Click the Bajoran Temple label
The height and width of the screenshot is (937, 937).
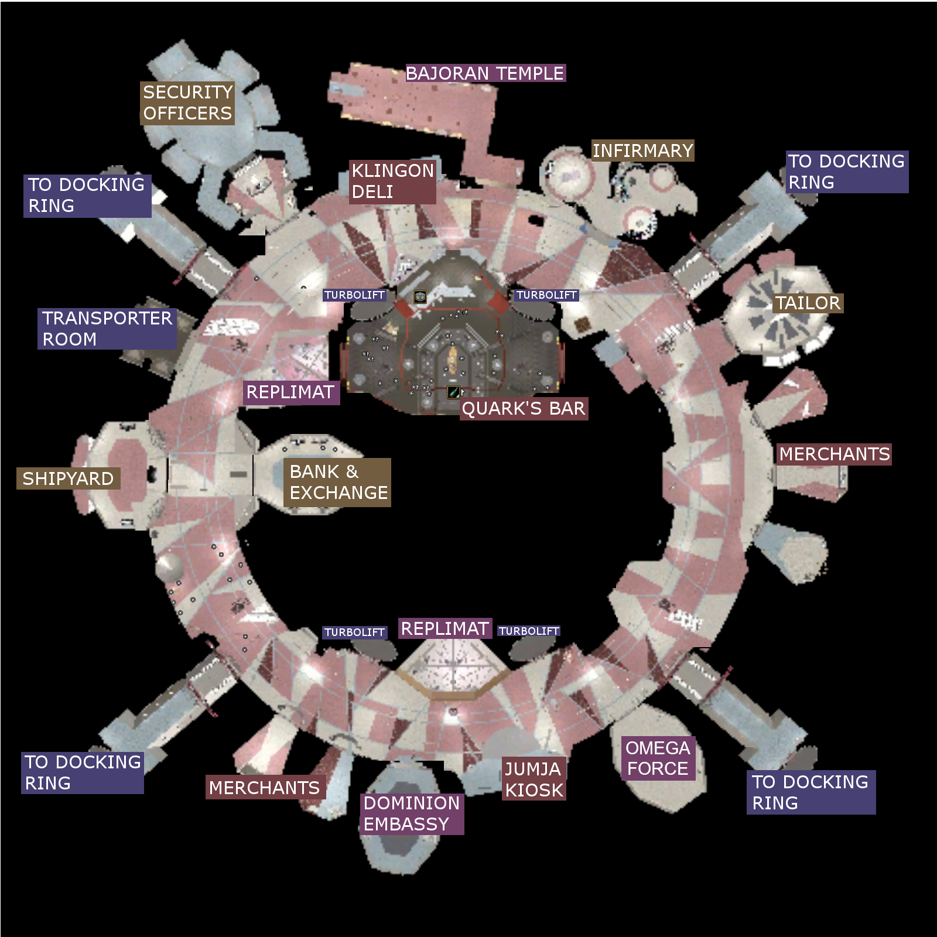pos(485,73)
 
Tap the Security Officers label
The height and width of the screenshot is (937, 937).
pos(187,103)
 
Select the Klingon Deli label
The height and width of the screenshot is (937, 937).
pos(392,182)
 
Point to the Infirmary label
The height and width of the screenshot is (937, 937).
pos(642,151)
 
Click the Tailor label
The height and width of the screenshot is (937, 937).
pos(808,303)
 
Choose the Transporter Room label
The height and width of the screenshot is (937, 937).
pos(107,329)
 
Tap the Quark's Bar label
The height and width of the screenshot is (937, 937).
pos(524,409)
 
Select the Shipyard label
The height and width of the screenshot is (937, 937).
pos(69,478)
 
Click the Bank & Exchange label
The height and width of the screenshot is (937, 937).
pos(337,483)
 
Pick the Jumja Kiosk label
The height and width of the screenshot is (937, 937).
pos(534,779)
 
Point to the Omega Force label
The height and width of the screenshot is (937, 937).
pos(658,758)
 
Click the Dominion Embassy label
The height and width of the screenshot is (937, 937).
pos(412,814)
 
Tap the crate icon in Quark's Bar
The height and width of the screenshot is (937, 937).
pos(420,297)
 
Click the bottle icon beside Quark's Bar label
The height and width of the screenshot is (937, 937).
pos(453,392)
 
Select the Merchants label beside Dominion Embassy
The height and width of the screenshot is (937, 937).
pos(265,788)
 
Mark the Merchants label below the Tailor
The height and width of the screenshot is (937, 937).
pos(835,454)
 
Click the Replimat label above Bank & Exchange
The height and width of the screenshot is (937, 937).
pos(291,392)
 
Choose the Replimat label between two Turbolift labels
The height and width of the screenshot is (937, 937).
pos(445,629)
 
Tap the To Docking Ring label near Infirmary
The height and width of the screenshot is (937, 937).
pos(846,172)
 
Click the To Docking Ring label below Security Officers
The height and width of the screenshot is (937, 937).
pos(87,196)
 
